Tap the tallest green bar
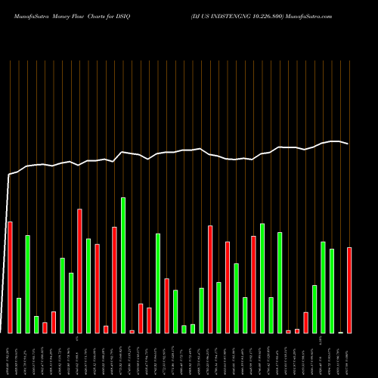click(x=123, y=265)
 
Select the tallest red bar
click(x=79, y=271)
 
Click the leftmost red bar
click(x=10, y=277)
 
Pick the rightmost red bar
click(x=349, y=290)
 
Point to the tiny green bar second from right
click(x=340, y=332)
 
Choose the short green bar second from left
click(x=19, y=315)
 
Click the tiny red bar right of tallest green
click(x=132, y=331)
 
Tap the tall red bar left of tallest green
click(x=114, y=280)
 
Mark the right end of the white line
click(x=349, y=144)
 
